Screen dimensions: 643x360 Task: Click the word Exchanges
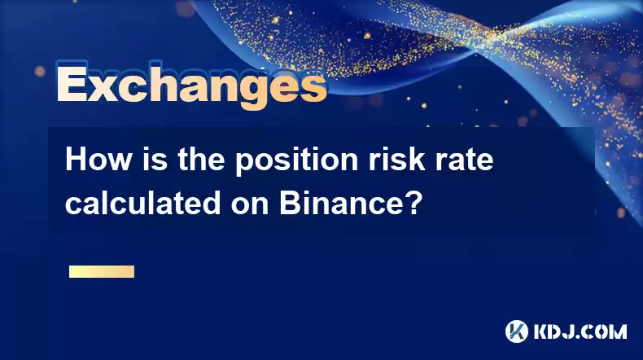coord(191,85)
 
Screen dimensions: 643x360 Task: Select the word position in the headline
coord(296,160)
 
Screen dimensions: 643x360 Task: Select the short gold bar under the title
coord(102,271)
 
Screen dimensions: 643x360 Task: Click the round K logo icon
coord(517,331)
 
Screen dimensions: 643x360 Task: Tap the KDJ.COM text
coord(580,331)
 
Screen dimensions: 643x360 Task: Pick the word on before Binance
coord(250,205)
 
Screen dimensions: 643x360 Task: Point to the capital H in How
coord(77,160)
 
